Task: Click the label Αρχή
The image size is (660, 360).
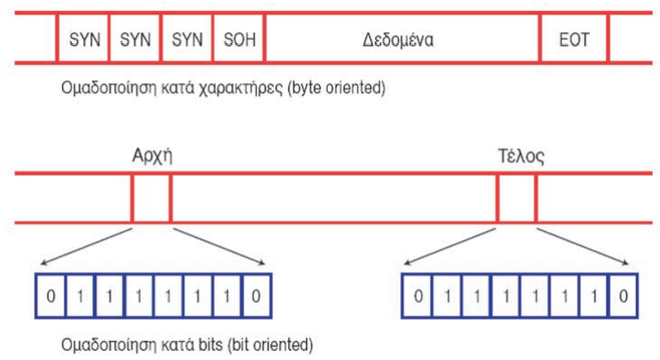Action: [151, 155]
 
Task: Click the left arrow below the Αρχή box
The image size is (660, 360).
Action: [87, 244]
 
